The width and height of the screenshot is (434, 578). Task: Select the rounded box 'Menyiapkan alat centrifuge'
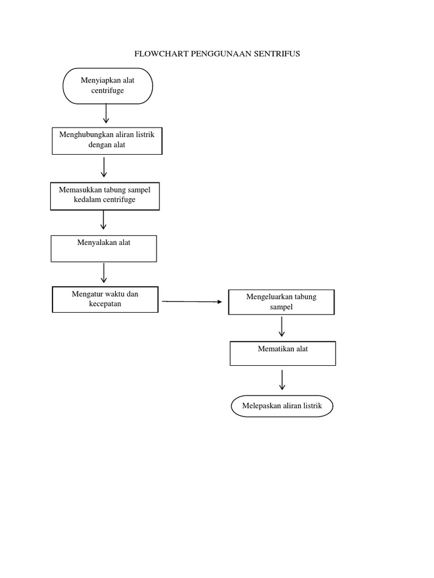tap(107, 86)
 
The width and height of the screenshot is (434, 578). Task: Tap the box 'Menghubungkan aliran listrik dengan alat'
tap(107, 141)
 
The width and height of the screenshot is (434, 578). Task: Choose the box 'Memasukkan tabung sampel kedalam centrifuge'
tap(105, 196)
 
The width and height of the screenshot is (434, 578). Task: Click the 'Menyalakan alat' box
tap(104, 248)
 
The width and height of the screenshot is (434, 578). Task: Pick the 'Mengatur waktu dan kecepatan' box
tap(105, 299)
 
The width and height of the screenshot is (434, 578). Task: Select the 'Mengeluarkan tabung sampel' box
tap(281, 302)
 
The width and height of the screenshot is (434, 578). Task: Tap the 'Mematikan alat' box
tap(283, 353)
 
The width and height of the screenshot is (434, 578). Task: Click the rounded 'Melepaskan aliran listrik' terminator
tap(282, 406)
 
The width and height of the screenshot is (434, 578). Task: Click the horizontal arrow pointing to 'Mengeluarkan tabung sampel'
tap(192, 302)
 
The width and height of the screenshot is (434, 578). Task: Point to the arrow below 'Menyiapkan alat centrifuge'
tap(106, 113)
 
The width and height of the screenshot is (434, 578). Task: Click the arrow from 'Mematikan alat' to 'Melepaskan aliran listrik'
tap(282, 379)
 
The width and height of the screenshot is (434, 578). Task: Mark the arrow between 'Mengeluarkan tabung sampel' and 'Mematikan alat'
tap(282, 327)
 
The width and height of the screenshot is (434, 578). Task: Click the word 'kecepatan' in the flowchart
tap(105, 304)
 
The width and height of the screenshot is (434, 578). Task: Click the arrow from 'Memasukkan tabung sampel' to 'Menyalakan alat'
tap(103, 220)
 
